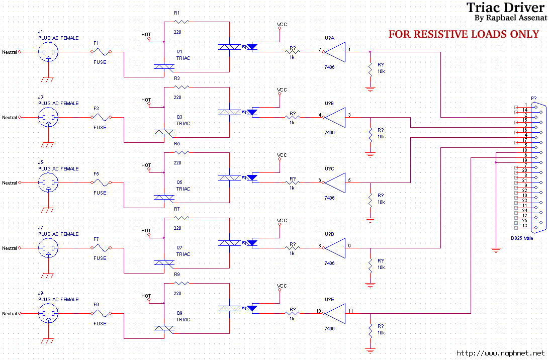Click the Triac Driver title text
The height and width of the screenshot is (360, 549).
tap(506, 7)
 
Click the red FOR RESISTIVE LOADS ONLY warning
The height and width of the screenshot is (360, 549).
tap(464, 34)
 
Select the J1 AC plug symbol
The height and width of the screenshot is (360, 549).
tap(48, 52)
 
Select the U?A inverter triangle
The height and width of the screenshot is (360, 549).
tap(335, 52)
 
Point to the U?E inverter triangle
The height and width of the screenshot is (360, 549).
tap(335, 313)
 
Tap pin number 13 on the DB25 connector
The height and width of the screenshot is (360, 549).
tap(525, 226)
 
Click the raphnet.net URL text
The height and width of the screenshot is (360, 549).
tap(500, 353)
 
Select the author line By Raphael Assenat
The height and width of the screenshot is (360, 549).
tap(510, 18)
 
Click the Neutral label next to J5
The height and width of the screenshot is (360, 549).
tap(10, 183)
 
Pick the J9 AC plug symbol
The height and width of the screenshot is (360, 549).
tap(48, 314)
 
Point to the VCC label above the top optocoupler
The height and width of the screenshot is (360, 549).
tap(282, 25)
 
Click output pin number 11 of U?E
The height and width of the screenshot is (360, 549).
tap(350, 311)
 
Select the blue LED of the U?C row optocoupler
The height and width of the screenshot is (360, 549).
tap(252, 177)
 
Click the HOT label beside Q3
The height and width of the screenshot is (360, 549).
tap(146, 100)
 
